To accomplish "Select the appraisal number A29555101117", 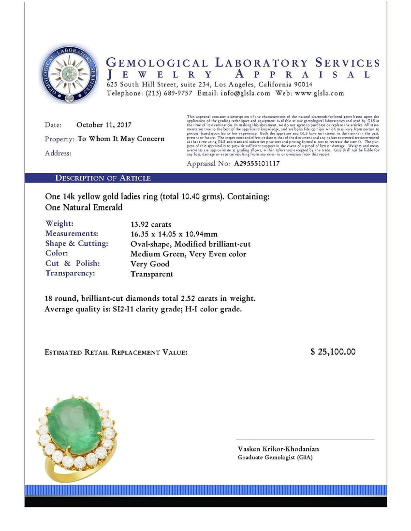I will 257,164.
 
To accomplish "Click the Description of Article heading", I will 103,178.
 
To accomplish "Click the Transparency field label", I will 70,274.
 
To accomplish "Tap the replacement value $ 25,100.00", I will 333,352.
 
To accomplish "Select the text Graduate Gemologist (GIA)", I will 275,457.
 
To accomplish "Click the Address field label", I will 58,154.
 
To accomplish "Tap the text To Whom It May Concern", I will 121,139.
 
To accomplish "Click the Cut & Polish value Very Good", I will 150,264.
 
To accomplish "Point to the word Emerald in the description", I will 104,208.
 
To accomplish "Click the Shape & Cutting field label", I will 76,244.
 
